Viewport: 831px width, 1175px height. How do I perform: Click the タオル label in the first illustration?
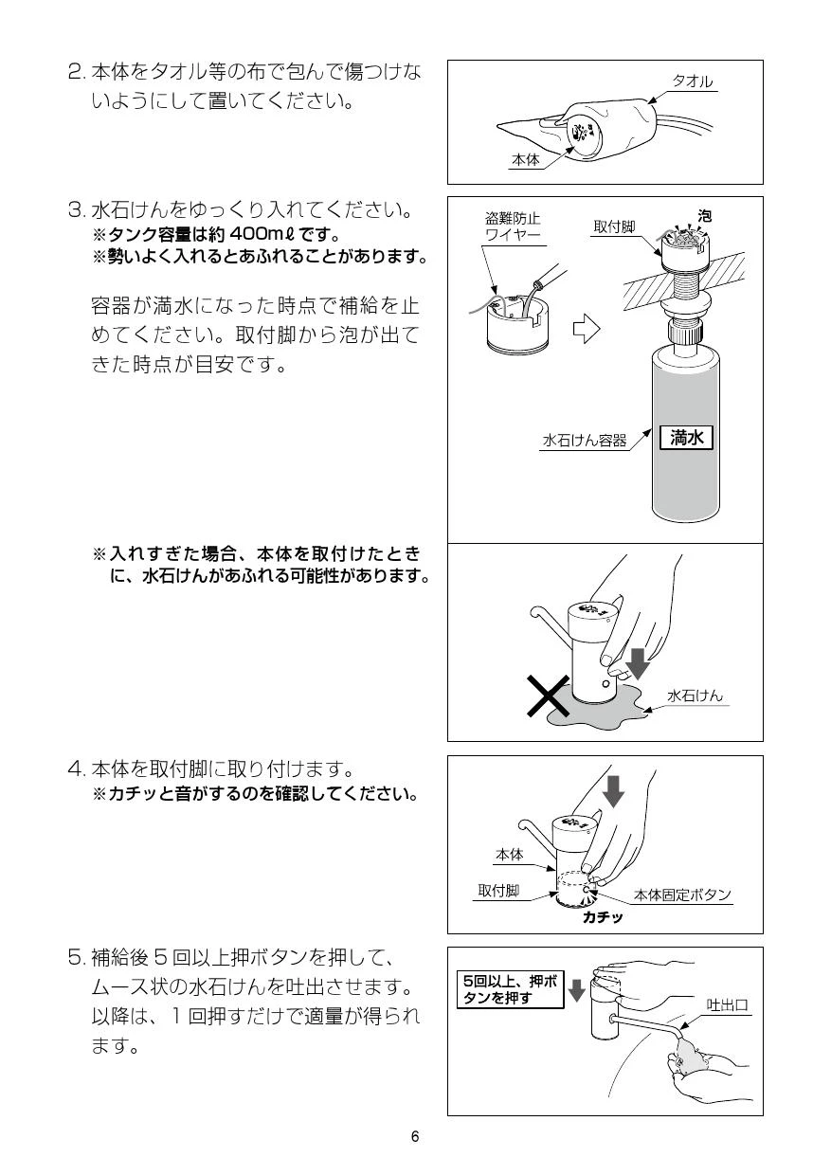click(693, 81)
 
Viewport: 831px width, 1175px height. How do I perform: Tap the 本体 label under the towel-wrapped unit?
click(525, 159)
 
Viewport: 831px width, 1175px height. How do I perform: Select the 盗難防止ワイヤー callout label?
click(513, 226)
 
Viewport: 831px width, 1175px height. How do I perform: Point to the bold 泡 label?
click(704, 216)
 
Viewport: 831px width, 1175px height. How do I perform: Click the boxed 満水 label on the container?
click(686, 437)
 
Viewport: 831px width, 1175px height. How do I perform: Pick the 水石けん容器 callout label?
click(585, 440)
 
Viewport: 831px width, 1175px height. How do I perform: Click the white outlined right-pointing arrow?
click(586, 329)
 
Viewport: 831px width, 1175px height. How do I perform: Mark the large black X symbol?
click(549, 696)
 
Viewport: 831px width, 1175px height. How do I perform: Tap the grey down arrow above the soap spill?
click(638, 663)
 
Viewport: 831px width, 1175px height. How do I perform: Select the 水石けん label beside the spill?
click(695, 696)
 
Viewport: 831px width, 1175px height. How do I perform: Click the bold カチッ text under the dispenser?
click(603, 916)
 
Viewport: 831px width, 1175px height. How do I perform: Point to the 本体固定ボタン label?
click(682, 895)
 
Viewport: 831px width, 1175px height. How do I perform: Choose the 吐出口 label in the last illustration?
click(727, 1004)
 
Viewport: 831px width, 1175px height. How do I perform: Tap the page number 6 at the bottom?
click(415, 1136)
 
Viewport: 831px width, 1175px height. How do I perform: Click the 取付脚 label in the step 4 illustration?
click(498, 890)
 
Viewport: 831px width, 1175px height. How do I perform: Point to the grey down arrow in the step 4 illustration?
click(613, 791)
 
